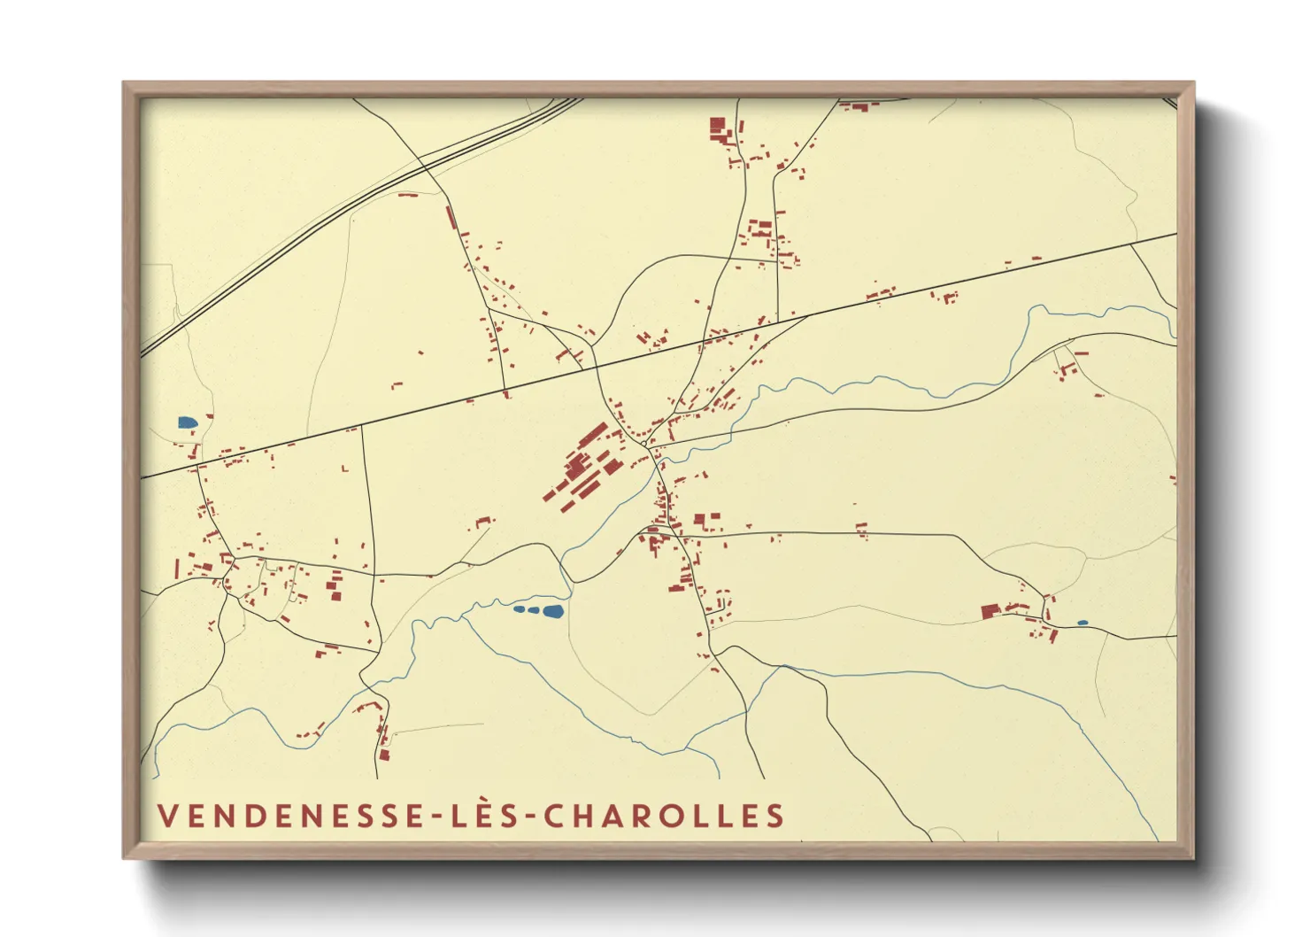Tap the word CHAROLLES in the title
click(x=664, y=816)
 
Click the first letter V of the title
click(x=166, y=816)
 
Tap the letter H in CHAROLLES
click(x=577, y=816)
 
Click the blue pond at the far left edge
click(x=187, y=422)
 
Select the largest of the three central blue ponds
click(x=553, y=611)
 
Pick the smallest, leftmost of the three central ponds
click(x=519, y=608)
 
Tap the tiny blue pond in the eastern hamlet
click(x=1082, y=623)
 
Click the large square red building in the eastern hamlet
click(x=989, y=611)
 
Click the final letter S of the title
click(x=776, y=816)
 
